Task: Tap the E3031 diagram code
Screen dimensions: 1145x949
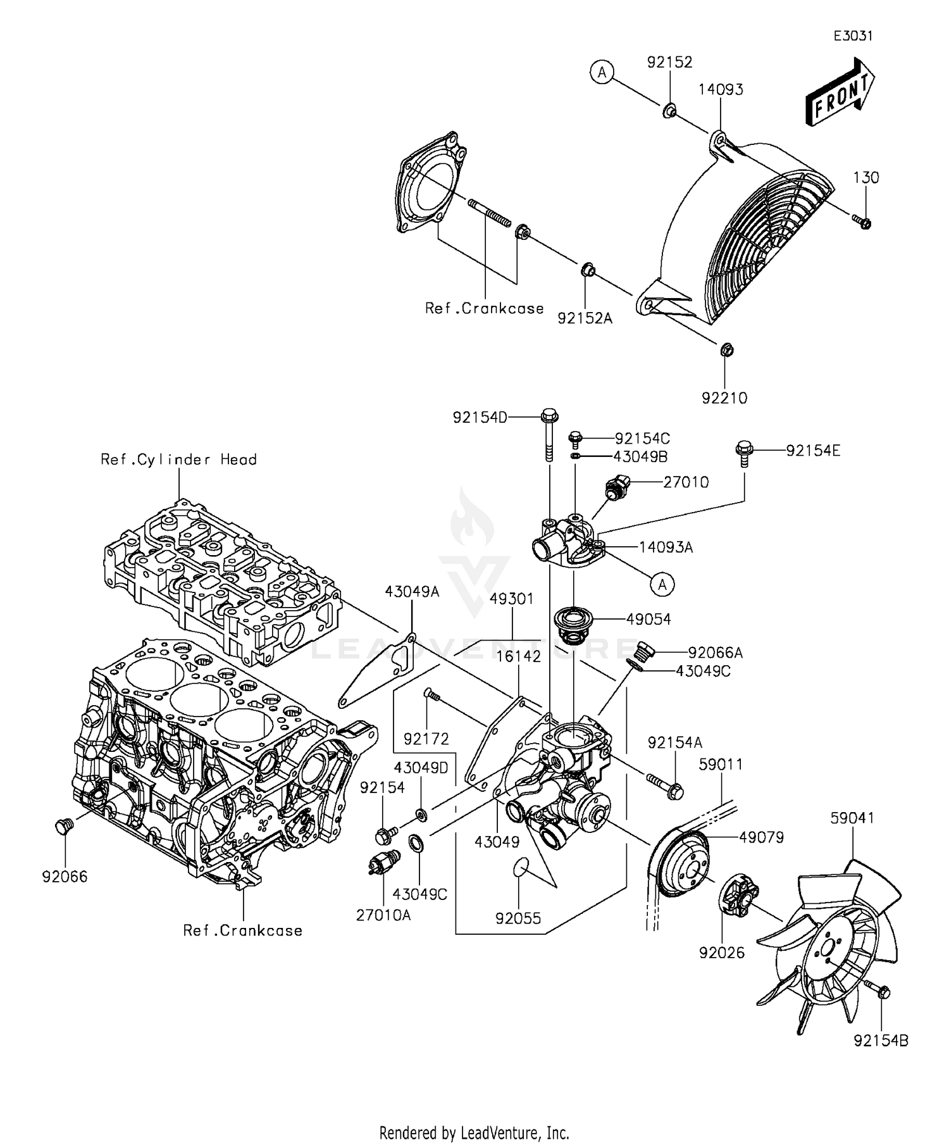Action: tap(853, 36)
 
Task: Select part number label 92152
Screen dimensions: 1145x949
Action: tap(669, 62)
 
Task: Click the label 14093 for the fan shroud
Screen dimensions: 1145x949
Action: tap(721, 89)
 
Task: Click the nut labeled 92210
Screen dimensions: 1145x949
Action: tap(726, 349)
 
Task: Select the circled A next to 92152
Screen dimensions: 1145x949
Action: tap(602, 73)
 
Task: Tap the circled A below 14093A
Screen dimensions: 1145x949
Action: tap(662, 584)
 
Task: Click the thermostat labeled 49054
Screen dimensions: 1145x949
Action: tap(573, 621)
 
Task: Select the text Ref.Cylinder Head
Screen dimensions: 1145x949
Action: tap(179, 460)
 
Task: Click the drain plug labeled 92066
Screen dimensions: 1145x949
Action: tap(63, 825)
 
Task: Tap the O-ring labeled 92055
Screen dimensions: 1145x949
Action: tap(519, 867)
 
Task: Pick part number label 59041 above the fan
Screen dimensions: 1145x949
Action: tap(852, 818)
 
